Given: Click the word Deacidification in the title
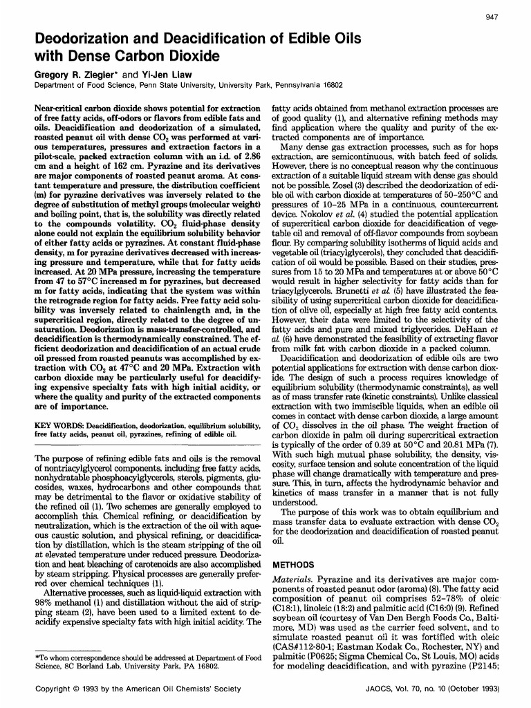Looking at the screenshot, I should click(x=222, y=39).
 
